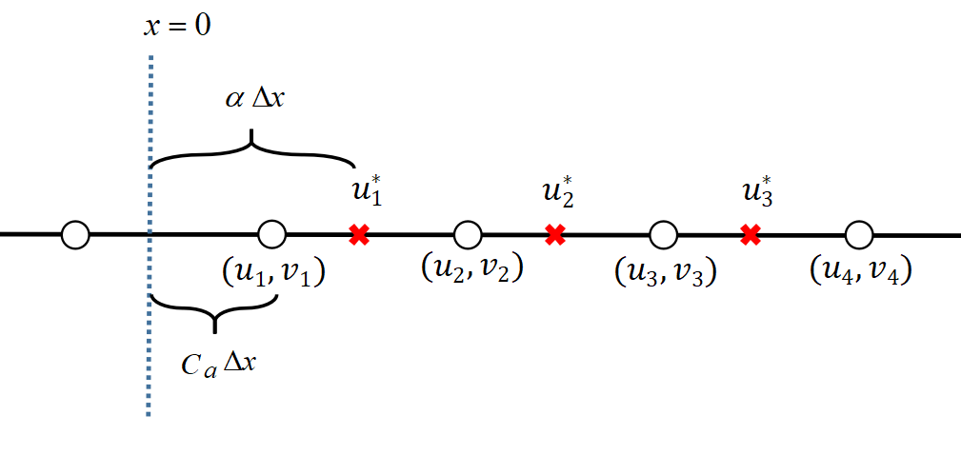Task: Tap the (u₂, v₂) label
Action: click(x=471, y=268)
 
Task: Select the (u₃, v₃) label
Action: click(x=665, y=271)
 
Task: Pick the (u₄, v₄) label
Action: click(x=861, y=269)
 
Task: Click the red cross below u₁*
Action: click(x=359, y=234)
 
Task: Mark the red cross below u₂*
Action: click(x=554, y=234)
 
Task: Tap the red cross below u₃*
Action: click(x=751, y=234)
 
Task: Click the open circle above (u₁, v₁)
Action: click(x=272, y=233)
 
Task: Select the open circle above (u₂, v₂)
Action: click(x=468, y=233)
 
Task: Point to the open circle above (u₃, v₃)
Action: click(x=663, y=233)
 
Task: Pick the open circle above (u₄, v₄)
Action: click(x=858, y=233)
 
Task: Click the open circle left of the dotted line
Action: click(x=75, y=233)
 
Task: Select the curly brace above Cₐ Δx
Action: click(x=214, y=312)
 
